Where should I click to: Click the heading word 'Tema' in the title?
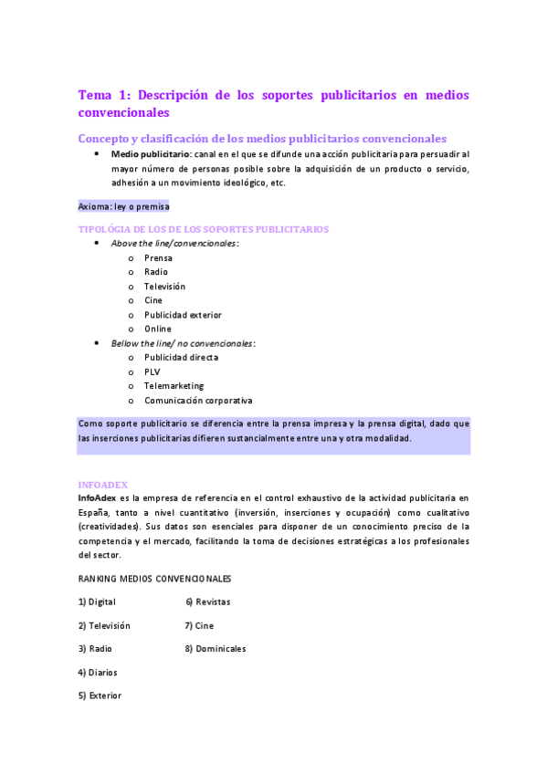pyautogui.click(x=94, y=95)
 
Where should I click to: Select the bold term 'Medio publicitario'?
pyautogui.click(x=151, y=155)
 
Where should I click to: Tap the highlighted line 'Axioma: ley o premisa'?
pyautogui.click(x=123, y=206)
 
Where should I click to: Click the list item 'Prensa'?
pyautogui.click(x=158, y=258)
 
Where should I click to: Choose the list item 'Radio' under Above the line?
pyautogui.click(x=155, y=272)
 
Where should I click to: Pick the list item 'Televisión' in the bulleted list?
pyautogui.click(x=164, y=287)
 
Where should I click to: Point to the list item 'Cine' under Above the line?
pyautogui.click(x=153, y=300)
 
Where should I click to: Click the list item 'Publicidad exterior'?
pyautogui.click(x=183, y=315)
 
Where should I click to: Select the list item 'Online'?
pyautogui.click(x=157, y=329)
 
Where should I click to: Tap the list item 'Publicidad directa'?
pyautogui.click(x=181, y=358)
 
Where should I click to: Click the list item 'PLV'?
pyautogui.click(x=152, y=371)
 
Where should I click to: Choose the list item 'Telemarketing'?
pyautogui.click(x=174, y=386)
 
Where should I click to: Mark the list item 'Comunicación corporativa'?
pyautogui.click(x=198, y=401)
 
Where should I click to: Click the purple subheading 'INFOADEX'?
pyautogui.click(x=102, y=485)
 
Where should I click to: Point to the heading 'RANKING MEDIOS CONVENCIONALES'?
pyautogui.click(x=154, y=579)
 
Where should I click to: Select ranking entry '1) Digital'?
pyautogui.click(x=97, y=602)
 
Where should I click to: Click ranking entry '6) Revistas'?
pyautogui.click(x=207, y=602)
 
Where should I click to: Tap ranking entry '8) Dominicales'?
pyautogui.click(x=215, y=649)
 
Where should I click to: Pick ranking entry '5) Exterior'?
pyautogui.click(x=99, y=696)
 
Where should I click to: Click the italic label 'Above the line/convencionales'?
pyautogui.click(x=174, y=244)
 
